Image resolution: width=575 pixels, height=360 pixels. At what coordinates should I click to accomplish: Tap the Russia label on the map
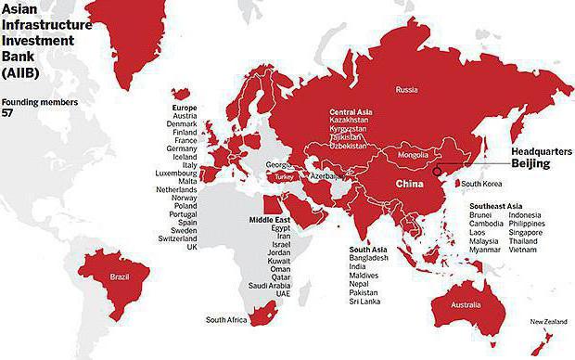(406, 90)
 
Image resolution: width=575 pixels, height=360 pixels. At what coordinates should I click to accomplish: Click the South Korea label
(482, 184)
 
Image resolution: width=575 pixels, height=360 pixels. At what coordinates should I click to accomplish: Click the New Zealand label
(549, 322)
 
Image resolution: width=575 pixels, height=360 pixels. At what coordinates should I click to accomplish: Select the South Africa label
(226, 320)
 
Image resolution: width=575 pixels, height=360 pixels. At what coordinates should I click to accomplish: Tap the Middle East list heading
(269, 219)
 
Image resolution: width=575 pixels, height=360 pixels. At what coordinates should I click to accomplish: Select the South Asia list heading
(367, 250)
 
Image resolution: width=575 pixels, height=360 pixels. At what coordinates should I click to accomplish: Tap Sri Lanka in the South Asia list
(364, 302)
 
